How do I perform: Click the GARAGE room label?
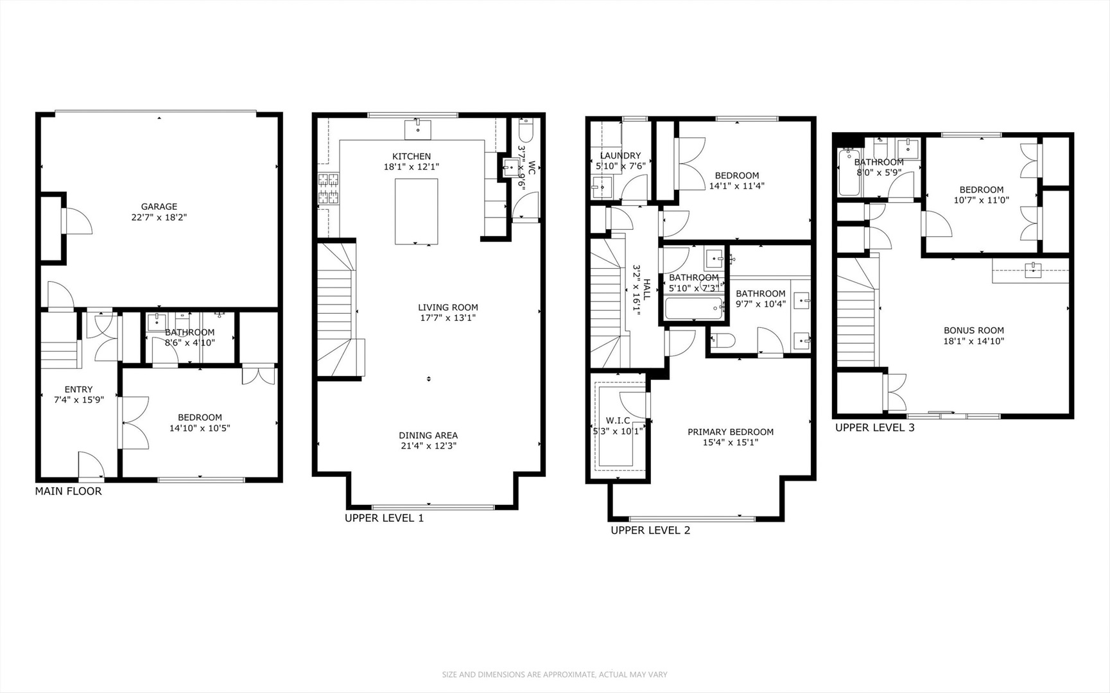(x=159, y=207)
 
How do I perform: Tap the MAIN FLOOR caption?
(x=68, y=492)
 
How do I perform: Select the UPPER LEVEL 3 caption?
(x=874, y=428)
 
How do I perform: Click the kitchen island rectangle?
(x=416, y=211)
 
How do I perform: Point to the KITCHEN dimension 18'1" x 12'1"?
(x=412, y=167)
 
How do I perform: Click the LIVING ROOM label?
(x=447, y=307)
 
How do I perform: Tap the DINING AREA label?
(x=428, y=436)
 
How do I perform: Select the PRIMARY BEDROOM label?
(x=730, y=432)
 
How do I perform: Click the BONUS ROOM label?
(x=973, y=330)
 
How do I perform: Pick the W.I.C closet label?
(x=617, y=421)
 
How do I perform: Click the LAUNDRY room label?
(x=620, y=155)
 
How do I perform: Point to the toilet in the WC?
(x=525, y=131)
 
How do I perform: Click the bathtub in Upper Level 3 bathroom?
(x=848, y=172)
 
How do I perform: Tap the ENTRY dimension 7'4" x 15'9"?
(x=78, y=400)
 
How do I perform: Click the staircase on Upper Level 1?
(x=337, y=308)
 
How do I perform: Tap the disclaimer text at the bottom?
(x=555, y=674)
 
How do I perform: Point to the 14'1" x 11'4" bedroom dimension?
(x=736, y=186)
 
